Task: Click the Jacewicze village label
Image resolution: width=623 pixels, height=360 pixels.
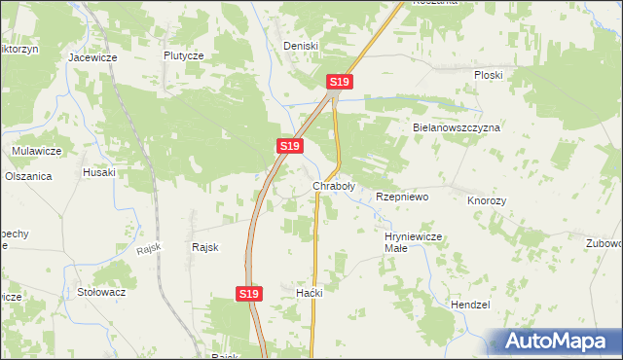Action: coord(92,57)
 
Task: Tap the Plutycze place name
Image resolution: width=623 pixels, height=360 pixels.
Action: coord(183,55)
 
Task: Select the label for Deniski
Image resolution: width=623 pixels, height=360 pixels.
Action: coord(301,46)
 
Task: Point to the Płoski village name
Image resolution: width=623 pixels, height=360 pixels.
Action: coord(488,74)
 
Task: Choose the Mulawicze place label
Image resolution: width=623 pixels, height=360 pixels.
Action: coord(37,151)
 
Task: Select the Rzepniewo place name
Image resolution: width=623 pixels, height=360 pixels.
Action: coord(402,197)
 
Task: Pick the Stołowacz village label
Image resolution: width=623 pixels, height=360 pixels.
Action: coord(102,291)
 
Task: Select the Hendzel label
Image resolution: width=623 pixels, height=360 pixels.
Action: coord(470,305)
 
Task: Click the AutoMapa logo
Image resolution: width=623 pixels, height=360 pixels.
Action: coord(553,342)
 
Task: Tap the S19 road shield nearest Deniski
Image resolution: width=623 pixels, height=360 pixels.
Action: coord(339,83)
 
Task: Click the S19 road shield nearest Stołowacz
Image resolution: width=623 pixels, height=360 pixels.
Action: coord(249,293)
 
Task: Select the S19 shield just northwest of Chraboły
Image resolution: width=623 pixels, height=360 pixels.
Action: coord(288,146)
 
